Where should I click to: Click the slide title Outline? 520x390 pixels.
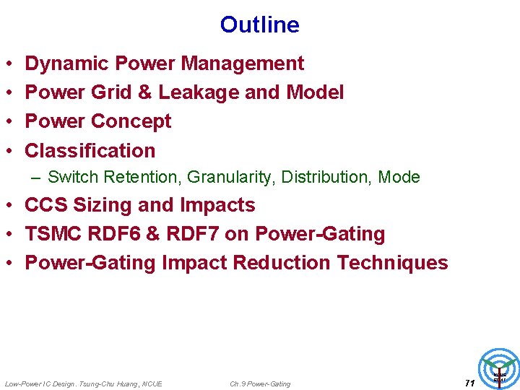(259, 25)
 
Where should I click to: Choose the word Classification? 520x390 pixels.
(90, 150)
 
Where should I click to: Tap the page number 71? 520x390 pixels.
(469, 382)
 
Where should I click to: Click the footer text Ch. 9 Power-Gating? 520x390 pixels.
(260, 383)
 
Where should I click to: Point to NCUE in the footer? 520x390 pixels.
(152, 383)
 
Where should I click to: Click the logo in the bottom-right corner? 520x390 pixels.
(499, 368)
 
